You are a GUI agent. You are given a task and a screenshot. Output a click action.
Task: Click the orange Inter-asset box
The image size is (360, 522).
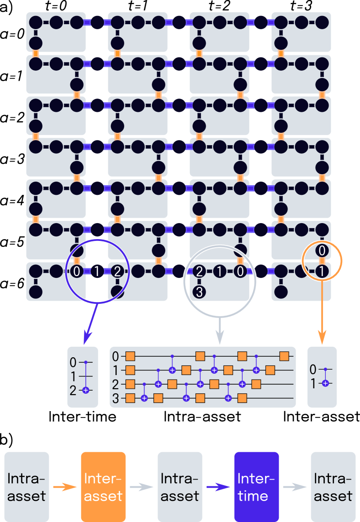[103, 487]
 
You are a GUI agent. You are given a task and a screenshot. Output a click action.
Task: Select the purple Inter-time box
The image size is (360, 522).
[256, 487]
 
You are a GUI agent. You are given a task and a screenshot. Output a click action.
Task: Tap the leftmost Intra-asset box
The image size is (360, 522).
[26, 487]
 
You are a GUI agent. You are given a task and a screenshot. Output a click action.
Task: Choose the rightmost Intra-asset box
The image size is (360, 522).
[333, 487]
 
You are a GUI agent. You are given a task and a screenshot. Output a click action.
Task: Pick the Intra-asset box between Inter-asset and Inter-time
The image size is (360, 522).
[180, 487]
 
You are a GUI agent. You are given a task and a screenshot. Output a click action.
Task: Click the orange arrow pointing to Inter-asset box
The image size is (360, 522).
[65, 487]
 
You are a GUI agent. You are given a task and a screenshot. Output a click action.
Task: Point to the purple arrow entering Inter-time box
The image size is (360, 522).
[218, 487]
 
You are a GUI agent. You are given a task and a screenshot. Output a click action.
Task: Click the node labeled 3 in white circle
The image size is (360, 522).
[199, 291]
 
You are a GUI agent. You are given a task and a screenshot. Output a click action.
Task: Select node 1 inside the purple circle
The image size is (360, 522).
[97, 272]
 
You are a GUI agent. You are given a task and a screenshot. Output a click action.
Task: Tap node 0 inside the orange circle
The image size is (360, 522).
[322, 250]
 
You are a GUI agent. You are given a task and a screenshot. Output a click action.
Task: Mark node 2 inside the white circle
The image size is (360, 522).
[199, 271]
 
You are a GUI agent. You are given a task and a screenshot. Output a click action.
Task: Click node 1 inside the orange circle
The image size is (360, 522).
[322, 272]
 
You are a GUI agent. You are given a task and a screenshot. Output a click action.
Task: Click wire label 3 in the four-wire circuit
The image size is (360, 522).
[115, 399]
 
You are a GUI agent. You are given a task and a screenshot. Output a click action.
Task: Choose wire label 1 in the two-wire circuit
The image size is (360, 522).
[313, 383]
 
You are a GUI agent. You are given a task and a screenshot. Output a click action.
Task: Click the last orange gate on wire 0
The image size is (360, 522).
[284, 355]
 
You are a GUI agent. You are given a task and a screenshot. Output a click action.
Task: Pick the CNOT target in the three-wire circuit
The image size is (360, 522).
[86, 391]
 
